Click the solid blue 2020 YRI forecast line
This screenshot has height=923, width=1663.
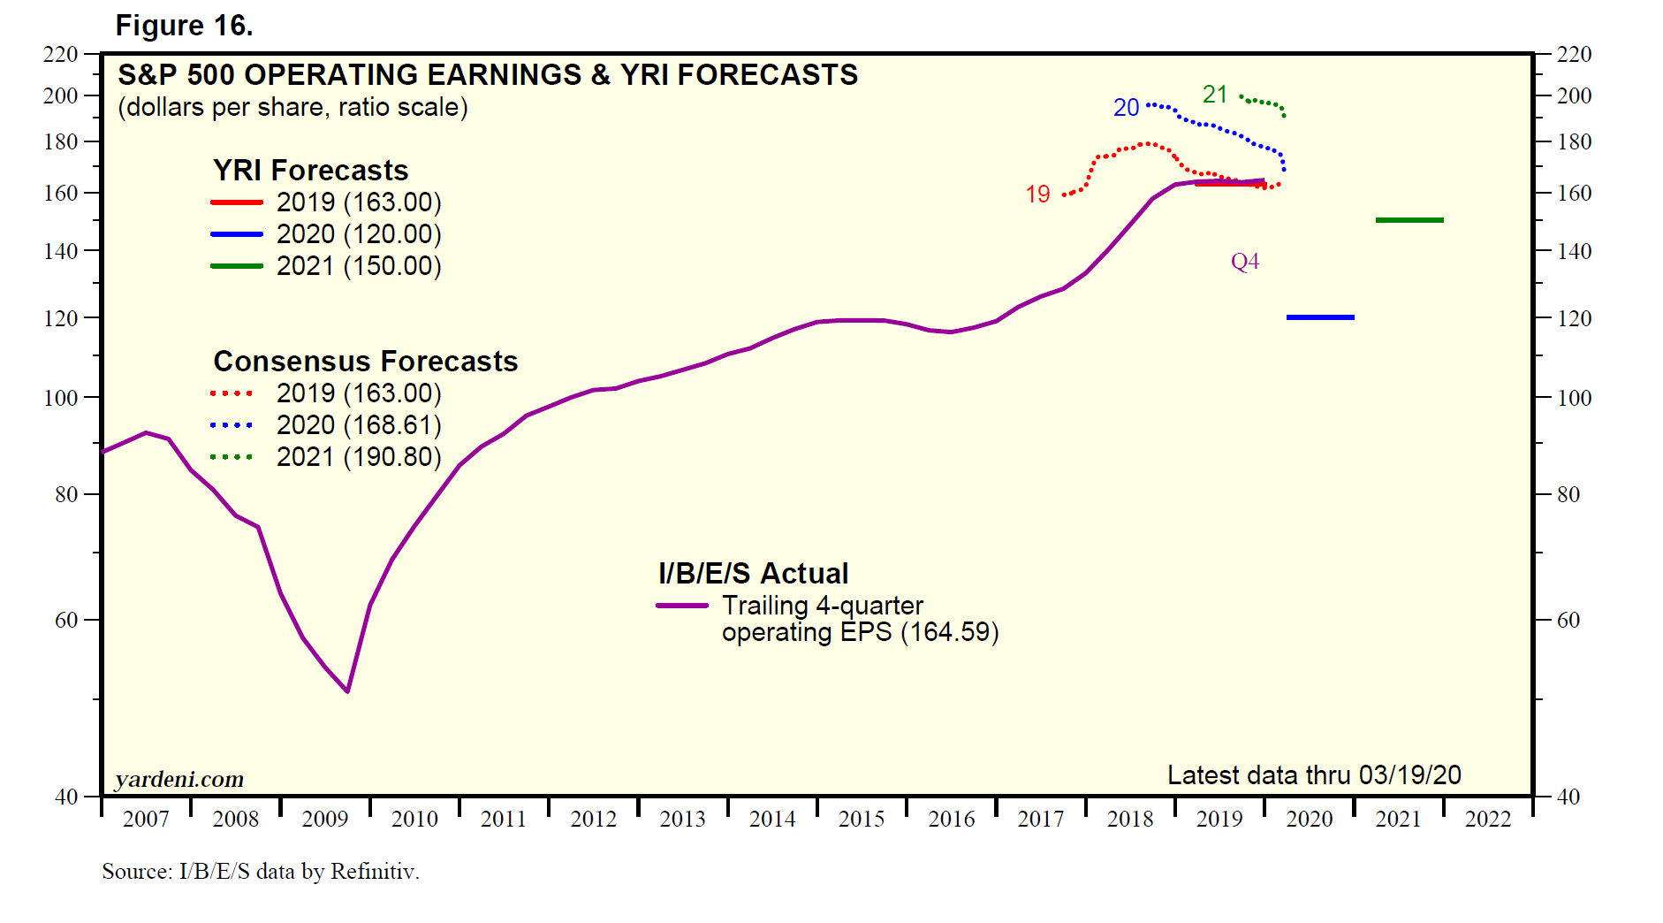pos(1320,317)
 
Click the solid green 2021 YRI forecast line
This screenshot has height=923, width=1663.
pos(1409,220)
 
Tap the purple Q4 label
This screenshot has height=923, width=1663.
pos(1244,262)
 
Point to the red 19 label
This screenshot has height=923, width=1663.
pos(1037,195)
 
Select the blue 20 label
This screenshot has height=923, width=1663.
pos(1126,108)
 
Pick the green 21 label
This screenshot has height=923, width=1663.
pos(1215,95)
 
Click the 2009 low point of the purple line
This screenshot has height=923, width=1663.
pos(348,690)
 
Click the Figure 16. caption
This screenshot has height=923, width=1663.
pos(184,26)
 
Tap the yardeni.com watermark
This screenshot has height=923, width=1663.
pos(179,779)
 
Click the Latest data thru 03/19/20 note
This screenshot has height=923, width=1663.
pos(1313,775)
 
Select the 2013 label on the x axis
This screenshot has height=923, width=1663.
pos(682,820)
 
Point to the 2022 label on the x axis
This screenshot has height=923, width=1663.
pos(1488,820)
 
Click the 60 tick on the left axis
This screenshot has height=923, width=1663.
pos(66,621)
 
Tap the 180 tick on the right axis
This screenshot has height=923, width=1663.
pos(1574,141)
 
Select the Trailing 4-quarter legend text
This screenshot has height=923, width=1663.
pos(822,606)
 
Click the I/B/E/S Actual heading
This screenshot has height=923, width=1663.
pos(753,574)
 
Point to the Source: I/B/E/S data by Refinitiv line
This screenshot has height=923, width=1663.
pos(261,872)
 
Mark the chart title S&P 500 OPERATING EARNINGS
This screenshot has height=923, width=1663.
pos(487,75)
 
